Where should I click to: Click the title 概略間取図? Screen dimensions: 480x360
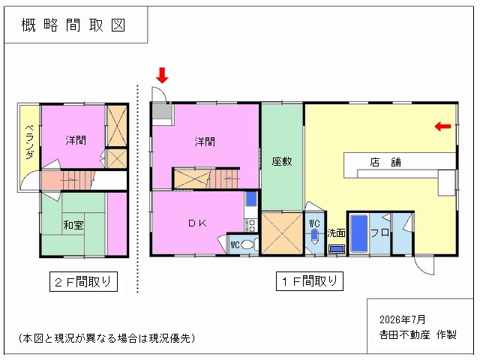73,25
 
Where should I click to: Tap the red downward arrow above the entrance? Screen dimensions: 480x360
162,75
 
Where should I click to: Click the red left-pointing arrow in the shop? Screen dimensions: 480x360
442,126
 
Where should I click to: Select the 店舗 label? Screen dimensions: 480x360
385,162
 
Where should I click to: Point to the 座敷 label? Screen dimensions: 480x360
282,161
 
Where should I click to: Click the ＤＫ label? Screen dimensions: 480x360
197,223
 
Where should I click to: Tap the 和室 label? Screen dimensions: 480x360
73,225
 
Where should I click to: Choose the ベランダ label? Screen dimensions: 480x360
29,142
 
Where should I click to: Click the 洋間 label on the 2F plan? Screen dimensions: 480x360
76,140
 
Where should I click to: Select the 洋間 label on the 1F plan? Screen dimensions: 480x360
205,142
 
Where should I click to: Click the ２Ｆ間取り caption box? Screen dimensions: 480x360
83,281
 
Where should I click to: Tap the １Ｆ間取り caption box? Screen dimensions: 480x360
310,281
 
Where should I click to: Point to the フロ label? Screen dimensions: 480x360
379,232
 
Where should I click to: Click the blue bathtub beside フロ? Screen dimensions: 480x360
358,233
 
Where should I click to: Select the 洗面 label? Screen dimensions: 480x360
336,233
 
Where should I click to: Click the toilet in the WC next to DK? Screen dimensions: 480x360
247,245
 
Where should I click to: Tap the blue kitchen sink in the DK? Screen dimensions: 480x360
251,199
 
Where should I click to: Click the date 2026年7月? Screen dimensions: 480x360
402,319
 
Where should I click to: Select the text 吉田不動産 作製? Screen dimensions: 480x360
418,334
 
